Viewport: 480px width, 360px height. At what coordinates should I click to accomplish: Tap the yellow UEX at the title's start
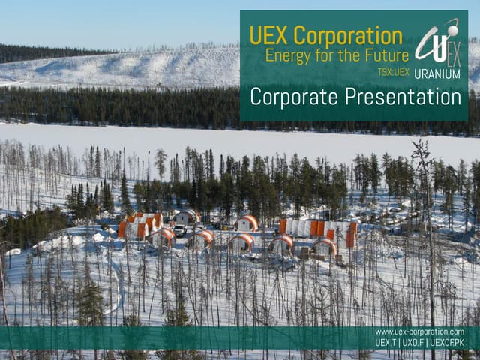[268, 35]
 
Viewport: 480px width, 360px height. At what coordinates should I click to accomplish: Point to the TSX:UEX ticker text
[393, 72]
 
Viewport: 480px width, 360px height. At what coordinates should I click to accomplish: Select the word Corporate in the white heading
[293, 97]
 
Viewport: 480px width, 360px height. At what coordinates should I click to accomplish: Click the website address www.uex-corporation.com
[419, 331]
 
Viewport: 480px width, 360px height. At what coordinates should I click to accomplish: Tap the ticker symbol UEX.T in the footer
[386, 343]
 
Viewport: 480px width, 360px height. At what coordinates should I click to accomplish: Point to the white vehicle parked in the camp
[179, 231]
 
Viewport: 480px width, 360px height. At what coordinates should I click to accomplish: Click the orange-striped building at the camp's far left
[139, 225]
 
